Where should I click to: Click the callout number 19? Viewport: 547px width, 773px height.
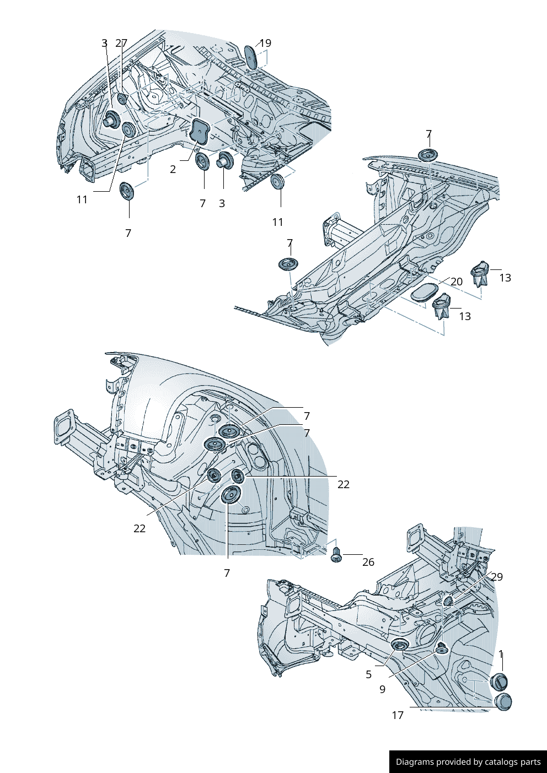(265, 43)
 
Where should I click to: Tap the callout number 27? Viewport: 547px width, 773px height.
(122, 43)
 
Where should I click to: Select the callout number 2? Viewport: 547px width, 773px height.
(173, 169)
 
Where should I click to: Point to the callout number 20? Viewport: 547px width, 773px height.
(457, 282)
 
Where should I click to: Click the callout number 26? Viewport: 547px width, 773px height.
(368, 562)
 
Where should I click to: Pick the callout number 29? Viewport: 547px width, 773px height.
(497, 577)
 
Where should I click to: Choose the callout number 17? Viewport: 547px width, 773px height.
(398, 715)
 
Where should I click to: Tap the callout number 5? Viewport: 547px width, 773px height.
(368, 674)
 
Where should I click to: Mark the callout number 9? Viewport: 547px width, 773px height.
(382, 689)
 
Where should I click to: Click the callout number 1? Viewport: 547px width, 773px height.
(501, 654)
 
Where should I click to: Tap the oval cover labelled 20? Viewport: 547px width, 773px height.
(423, 293)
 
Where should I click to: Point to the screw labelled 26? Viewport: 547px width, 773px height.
(336, 555)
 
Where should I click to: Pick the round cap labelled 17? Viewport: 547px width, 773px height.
(503, 702)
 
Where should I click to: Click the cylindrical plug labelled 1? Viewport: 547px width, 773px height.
(499, 682)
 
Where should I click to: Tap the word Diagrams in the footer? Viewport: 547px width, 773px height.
(414, 762)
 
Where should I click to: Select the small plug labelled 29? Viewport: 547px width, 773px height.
(448, 600)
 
